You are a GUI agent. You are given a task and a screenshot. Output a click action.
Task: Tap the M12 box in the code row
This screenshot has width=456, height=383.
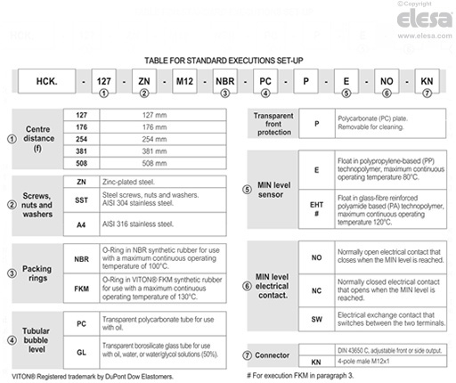[183, 80]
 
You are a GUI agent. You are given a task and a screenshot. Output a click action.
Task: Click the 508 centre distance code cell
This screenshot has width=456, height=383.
[81, 164]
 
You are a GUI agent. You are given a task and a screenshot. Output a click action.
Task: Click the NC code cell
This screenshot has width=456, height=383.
[317, 290]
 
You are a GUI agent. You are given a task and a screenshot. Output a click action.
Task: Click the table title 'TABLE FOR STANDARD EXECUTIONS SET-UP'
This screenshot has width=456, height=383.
[228, 60]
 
